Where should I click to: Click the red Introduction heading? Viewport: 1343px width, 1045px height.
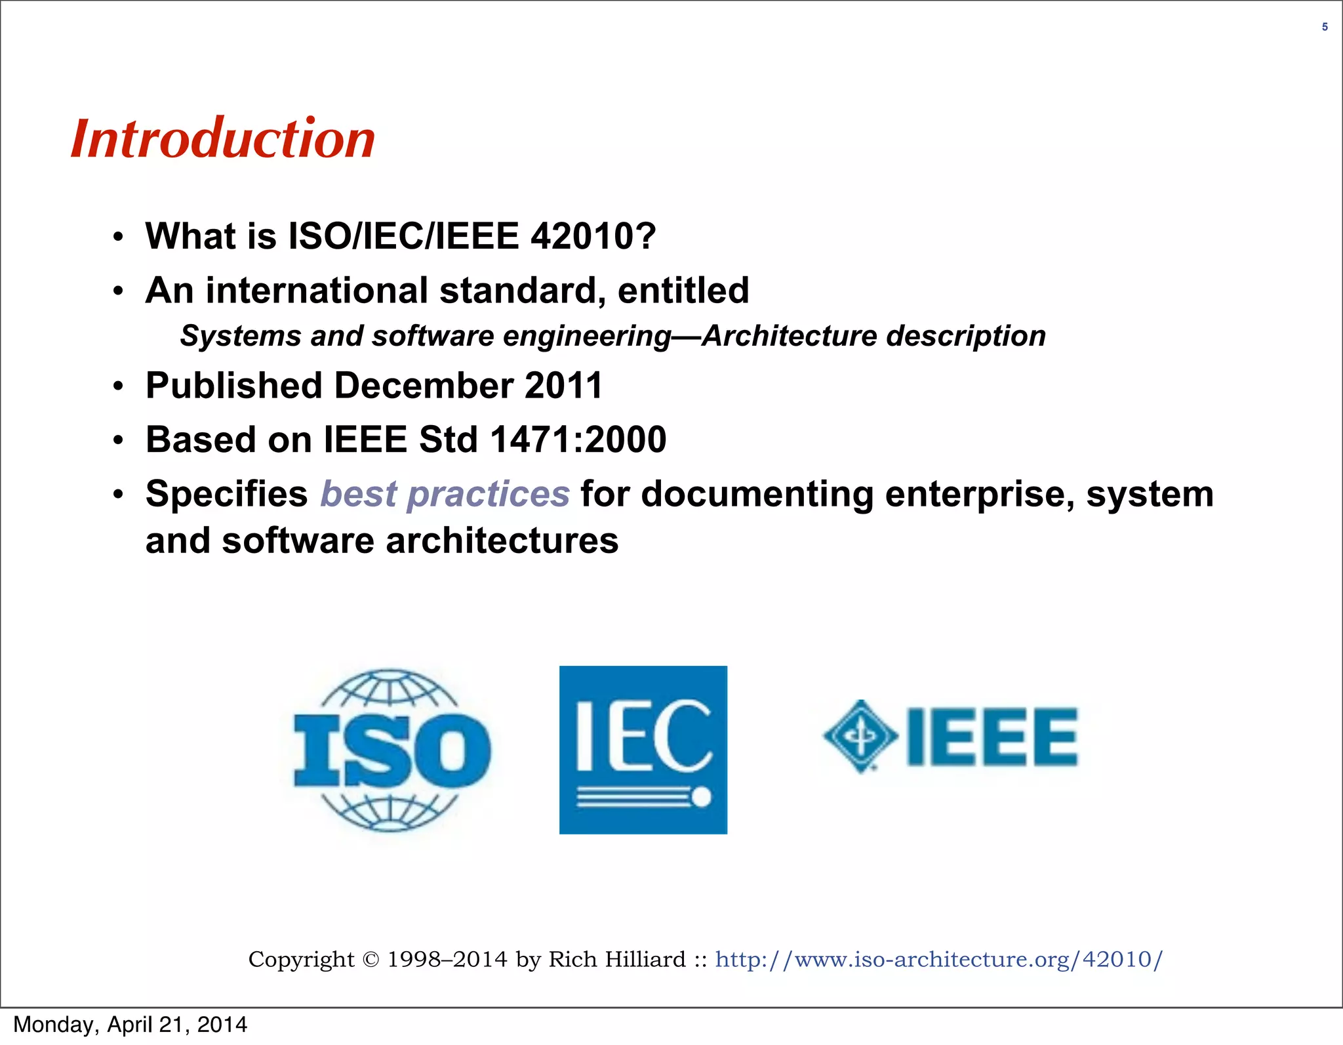tap(223, 139)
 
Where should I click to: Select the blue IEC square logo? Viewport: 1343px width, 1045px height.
tap(643, 750)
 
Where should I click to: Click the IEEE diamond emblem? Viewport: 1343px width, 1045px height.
tap(860, 736)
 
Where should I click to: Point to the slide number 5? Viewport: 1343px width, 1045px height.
tap(1325, 27)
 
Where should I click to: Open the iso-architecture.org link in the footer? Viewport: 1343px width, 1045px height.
tap(938, 959)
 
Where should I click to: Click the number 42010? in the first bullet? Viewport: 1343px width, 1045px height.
tap(593, 236)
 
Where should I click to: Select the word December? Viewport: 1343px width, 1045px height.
tap(424, 385)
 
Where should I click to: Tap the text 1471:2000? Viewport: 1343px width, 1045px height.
tap(578, 440)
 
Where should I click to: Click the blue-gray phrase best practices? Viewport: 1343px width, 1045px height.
tap(445, 494)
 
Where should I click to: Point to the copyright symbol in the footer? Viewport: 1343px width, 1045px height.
tap(371, 960)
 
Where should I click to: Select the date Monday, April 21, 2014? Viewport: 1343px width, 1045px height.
tap(130, 1025)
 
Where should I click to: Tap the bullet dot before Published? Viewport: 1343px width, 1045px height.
tap(118, 386)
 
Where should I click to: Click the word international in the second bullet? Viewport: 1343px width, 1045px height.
tap(317, 291)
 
